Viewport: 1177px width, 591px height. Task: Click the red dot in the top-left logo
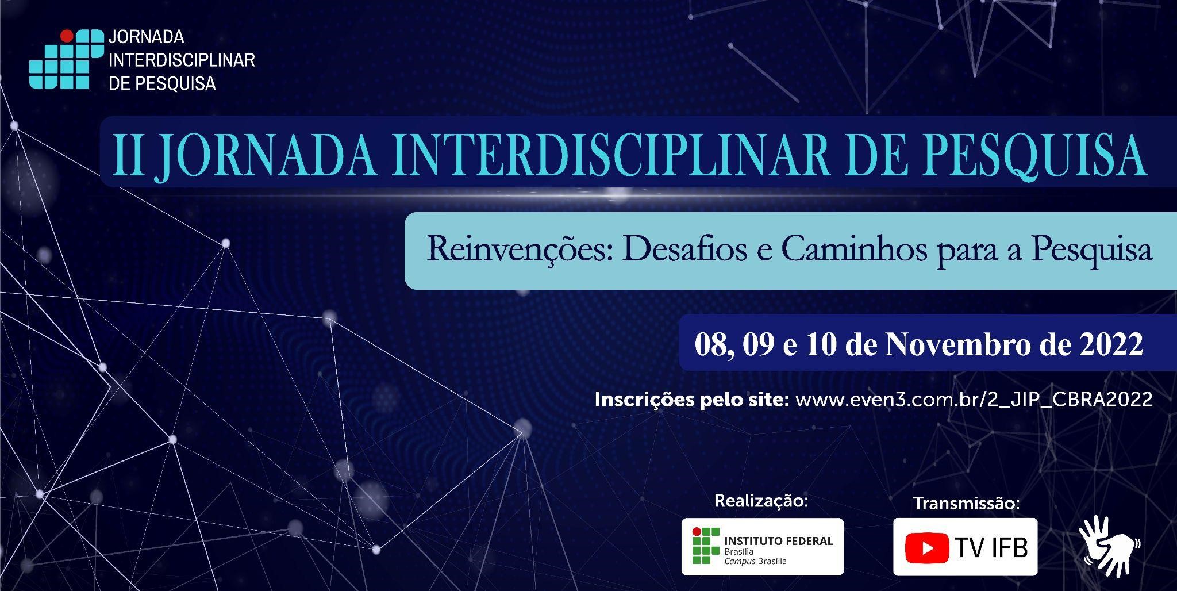click(x=67, y=36)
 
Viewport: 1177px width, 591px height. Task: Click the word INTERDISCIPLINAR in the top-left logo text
click(x=182, y=60)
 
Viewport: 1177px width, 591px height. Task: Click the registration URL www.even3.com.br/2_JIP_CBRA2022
click(x=974, y=400)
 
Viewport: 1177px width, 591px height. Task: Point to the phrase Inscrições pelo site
click(x=692, y=400)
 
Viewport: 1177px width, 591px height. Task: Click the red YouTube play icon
click(x=927, y=548)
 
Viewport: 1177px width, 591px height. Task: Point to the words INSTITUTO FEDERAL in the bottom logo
click(x=779, y=540)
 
